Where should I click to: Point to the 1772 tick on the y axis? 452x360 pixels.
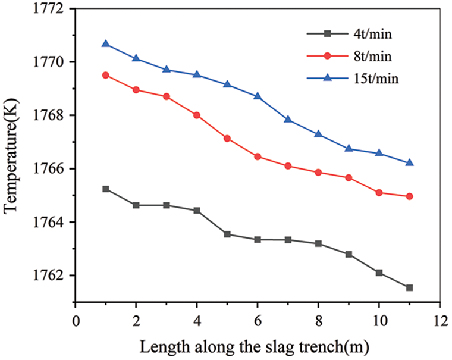point(51,9)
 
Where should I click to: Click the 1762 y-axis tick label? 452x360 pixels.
point(51,276)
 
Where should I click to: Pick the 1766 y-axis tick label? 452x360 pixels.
point(51,169)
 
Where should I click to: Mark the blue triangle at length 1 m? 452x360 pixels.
point(106,43)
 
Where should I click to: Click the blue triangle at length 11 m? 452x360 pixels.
point(409,162)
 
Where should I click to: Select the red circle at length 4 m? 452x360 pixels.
point(197,115)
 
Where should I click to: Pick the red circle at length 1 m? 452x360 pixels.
point(106,75)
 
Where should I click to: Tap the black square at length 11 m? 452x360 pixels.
point(409,287)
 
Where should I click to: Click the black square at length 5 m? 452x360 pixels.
point(227,234)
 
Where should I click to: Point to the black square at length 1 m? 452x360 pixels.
point(106,189)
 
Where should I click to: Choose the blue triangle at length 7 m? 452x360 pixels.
point(288,119)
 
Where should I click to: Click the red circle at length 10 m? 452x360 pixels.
point(379,193)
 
